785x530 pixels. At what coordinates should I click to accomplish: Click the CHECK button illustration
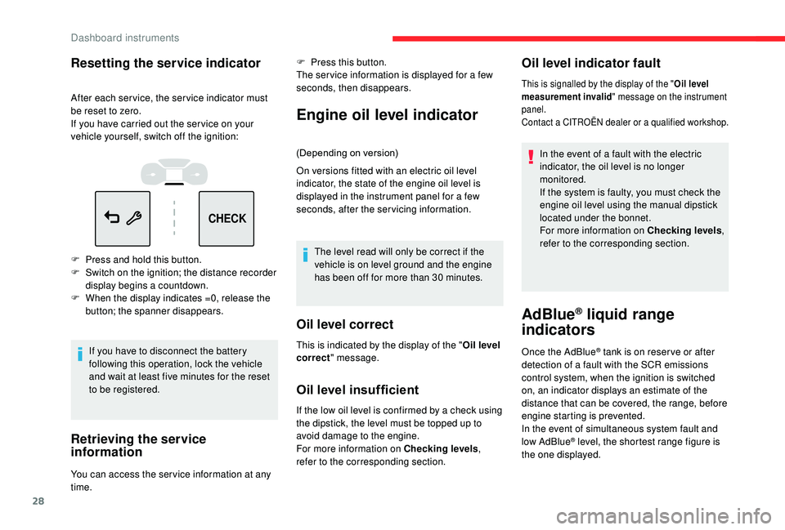click(x=227, y=219)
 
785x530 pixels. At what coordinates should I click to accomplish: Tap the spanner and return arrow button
click(x=123, y=219)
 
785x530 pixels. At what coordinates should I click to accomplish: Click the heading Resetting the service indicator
click(x=166, y=63)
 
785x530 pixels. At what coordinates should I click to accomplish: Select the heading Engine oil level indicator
click(x=388, y=115)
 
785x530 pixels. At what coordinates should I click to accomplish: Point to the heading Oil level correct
click(x=345, y=324)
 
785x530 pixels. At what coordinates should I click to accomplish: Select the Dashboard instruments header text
click(x=124, y=37)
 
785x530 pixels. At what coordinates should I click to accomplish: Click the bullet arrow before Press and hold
click(x=75, y=259)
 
